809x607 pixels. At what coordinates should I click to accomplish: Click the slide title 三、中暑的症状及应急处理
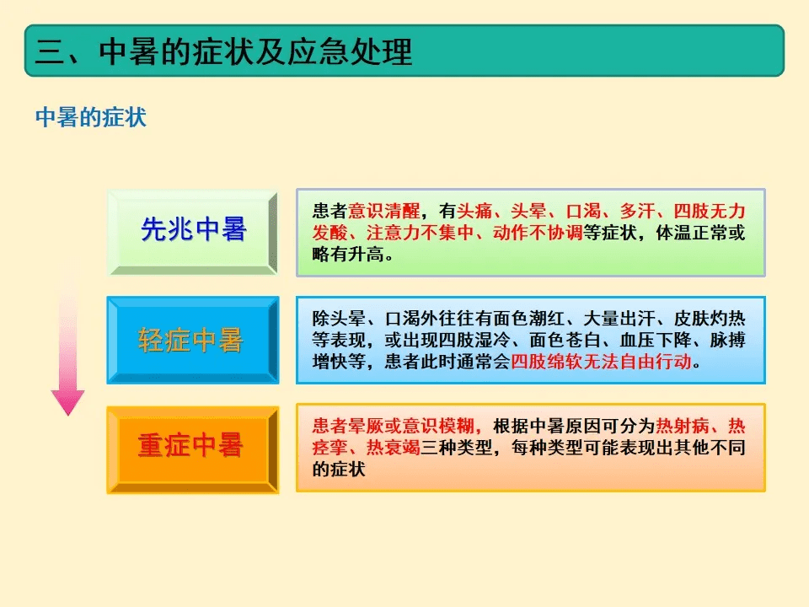224,51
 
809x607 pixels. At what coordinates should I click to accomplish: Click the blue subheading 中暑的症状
91,117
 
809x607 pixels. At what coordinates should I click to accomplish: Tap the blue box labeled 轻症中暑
192,340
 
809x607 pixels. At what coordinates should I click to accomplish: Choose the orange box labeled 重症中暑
192,448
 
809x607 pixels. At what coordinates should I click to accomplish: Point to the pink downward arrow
67,354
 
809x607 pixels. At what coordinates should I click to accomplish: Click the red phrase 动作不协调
537,233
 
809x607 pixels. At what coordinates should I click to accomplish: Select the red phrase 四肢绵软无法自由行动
601,362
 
